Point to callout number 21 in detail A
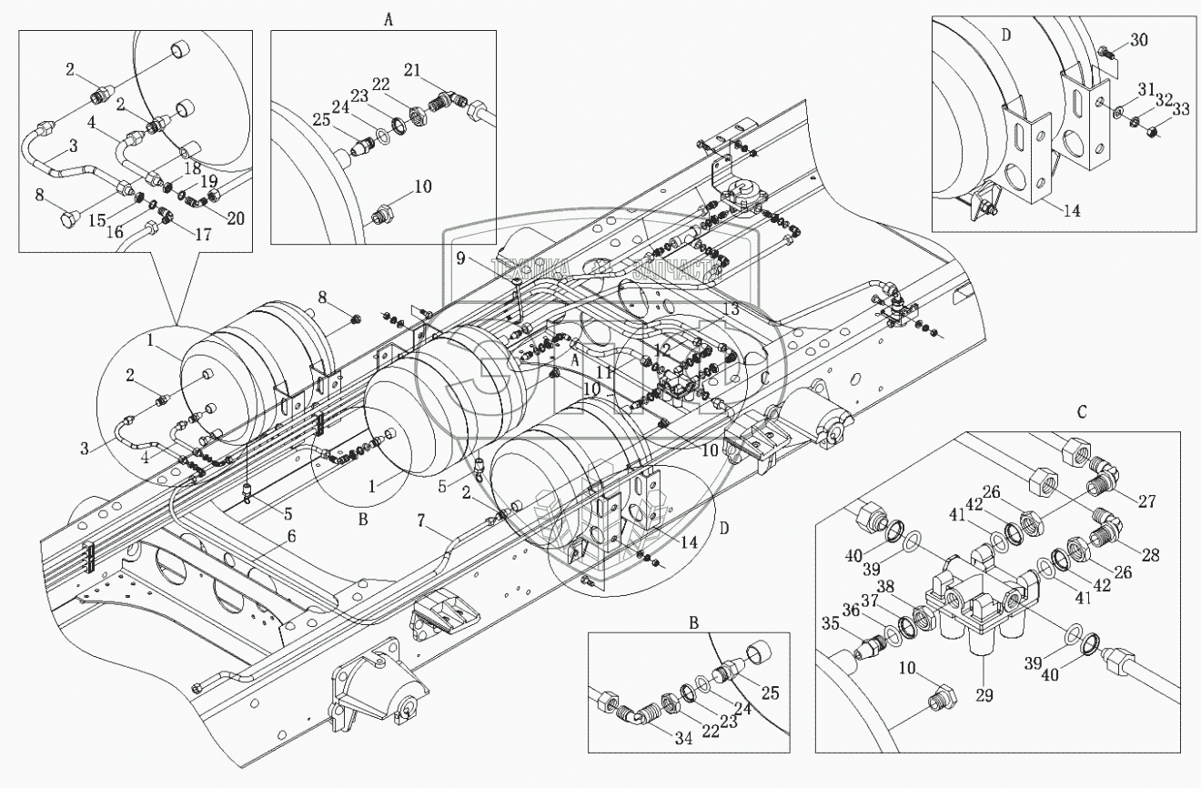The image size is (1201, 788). tap(438, 71)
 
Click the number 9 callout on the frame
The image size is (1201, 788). tap(461, 258)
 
